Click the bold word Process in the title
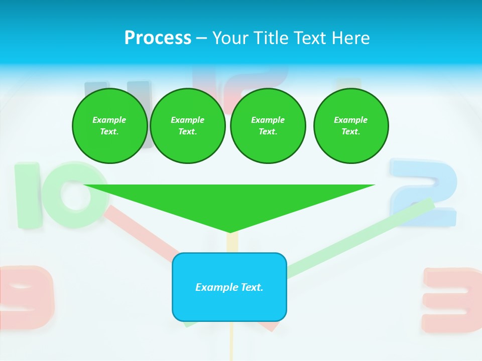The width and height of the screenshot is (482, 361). pyautogui.click(x=158, y=38)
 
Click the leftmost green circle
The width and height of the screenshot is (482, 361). pyautogui.click(x=109, y=126)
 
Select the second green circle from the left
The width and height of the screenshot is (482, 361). pyautogui.click(x=188, y=126)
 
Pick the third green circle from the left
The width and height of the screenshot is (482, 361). pyautogui.click(x=268, y=126)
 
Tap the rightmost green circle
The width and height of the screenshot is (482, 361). pyautogui.click(x=351, y=126)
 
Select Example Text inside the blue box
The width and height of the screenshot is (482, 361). pyautogui.click(x=229, y=287)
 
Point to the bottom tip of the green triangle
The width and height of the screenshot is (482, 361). pyautogui.click(x=229, y=231)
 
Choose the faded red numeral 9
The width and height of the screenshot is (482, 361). pyautogui.click(x=25, y=296)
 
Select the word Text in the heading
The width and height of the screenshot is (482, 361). pyautogui.click(x=310, y=38)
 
